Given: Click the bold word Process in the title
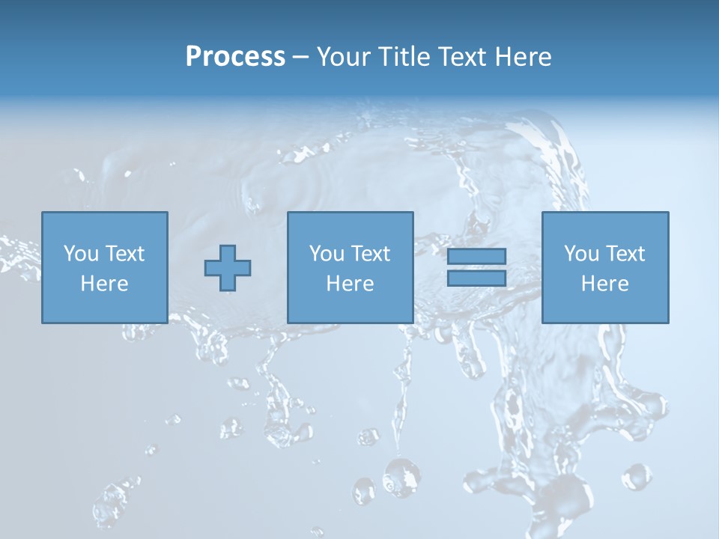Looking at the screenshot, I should click(x=235, y=57).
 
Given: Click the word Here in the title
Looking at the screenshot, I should click(x=524, y=57).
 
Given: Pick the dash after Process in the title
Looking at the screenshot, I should click(x=300, y=58).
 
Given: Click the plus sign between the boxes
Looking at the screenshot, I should click(x=228, y=268).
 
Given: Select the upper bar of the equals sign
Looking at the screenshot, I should click(x=476, y=256).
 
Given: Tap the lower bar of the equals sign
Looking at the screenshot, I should click(x=476, y=278).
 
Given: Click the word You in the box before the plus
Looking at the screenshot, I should click(x=80, y=254).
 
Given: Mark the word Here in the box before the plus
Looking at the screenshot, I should click(x=104, y=284).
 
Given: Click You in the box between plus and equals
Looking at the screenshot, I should click(x=326, y=254).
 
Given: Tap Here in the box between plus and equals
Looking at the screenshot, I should click(x=350, y=284).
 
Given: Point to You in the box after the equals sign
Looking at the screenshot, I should click(x=580, y=254).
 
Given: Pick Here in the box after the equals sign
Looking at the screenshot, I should click(x=604, y=284).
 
